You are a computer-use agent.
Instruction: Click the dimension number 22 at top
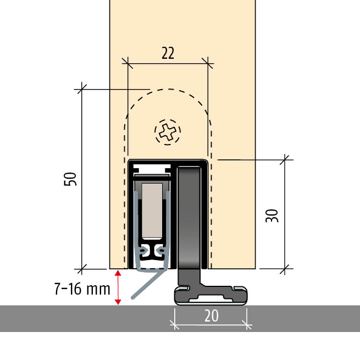click(x=168, y=53)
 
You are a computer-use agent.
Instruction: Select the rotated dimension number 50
click(x=70, y=179)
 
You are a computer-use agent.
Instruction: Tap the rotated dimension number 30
click(x=271, y=214)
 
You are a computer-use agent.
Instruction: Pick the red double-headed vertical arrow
click(x=117, y=286)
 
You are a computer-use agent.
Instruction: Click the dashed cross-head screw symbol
click(x=168, y=131)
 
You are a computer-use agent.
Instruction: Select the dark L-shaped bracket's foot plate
click(x=211, y=295)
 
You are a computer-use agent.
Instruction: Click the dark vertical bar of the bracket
click(x=190, y=220)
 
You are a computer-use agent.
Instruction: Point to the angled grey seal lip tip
click(x=132, y=298)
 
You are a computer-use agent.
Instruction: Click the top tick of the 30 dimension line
click(x=285, y=160)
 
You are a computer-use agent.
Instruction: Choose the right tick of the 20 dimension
click(x=247, y=323)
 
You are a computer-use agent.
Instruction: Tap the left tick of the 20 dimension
click(x=175, y=323)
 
